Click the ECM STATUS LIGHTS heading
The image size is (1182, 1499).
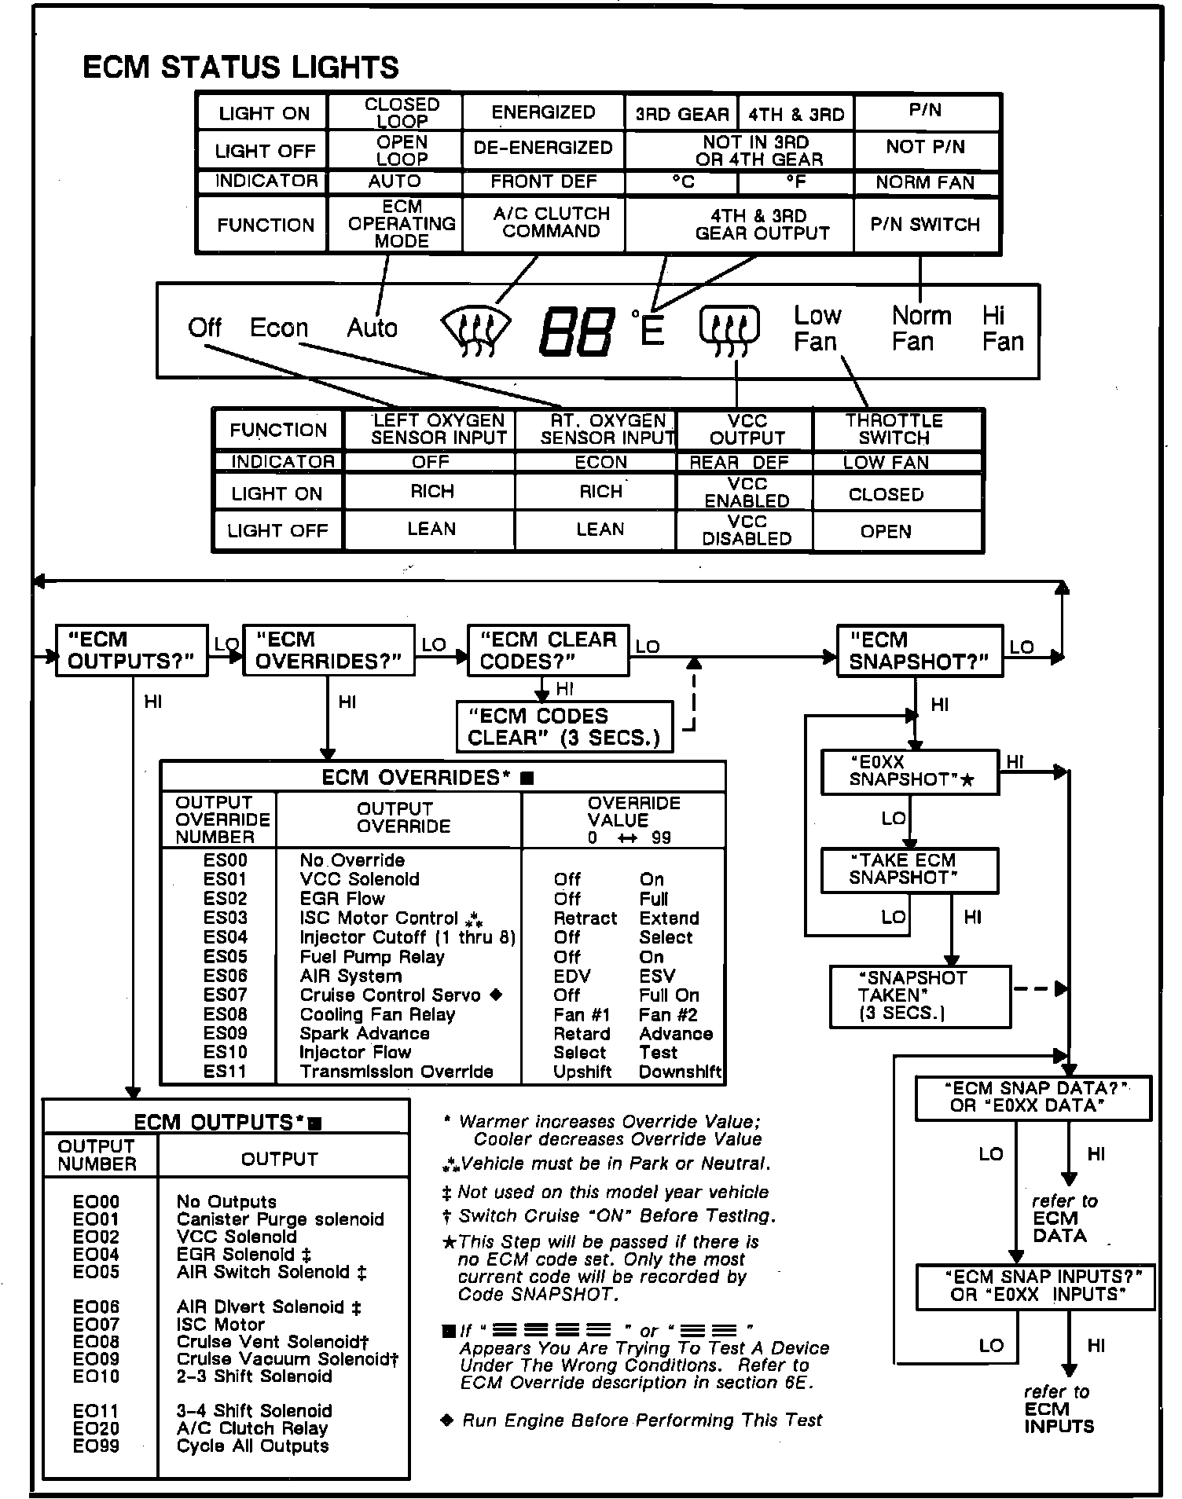tap(240, 68)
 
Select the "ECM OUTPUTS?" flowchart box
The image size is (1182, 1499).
tap(131, 651)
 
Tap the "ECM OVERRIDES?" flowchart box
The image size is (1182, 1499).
tap(329, 651)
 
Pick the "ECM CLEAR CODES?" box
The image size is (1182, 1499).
tap(548, 651)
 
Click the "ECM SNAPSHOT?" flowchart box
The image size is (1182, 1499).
tap(920, 651)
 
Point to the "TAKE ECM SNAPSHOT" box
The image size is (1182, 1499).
tap(909, 870)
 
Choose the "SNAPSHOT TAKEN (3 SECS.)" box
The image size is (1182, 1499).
tap(920, 996)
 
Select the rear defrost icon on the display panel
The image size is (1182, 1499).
tap(729, 328)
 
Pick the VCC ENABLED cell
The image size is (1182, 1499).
tap(746, 493)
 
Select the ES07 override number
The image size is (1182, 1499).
tap(225, 995)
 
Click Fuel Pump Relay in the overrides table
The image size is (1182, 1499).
tap(372, 957)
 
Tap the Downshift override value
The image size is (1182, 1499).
tap(680, 1072)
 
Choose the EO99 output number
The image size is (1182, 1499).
tap(96, 1446)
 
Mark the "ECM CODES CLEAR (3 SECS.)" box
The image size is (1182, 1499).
tap(564, 728)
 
